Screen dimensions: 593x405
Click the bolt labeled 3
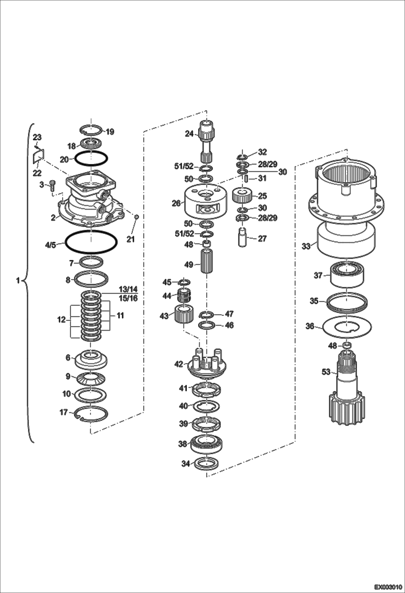pyautogui.click(x=52, y=186)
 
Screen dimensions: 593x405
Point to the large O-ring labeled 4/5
pyautogui.click(x=91, y=242)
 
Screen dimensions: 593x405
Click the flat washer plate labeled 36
pyautogui.click(x=347, y=327)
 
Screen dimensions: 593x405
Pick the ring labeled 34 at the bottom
pyautogui.click(x=206, y=464)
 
